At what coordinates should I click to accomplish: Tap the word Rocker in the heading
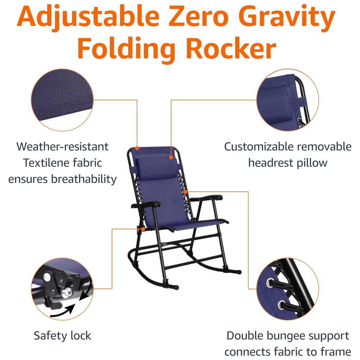click(x=231, y=49)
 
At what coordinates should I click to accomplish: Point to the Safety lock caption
click(x=62, y=336)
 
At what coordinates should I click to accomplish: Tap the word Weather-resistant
click(x=62, y=147)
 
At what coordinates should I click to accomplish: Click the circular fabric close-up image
click(x=62, y=100)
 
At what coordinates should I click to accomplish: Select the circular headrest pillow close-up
click(x=287, y=100)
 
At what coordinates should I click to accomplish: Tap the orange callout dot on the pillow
click(x=171, y=158)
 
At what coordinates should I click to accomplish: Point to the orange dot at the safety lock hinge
click(x=143, y=229)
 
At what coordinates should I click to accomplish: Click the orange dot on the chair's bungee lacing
click(x=185, y=192)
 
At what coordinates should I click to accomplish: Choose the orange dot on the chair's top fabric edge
click(x=137, y=148)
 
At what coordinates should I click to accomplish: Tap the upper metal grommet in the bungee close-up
click(x=270, y=283)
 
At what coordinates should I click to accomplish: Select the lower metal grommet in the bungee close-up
click(x=282, y=305)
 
